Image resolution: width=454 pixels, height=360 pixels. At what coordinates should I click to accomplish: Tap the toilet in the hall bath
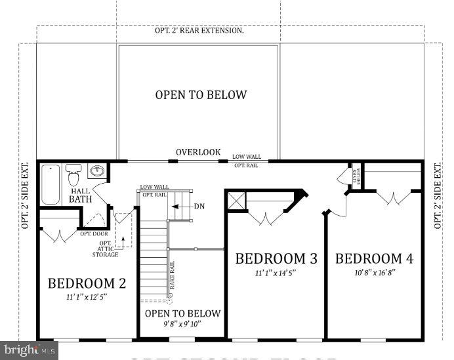73,176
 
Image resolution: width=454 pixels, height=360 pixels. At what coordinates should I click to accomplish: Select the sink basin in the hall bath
98,172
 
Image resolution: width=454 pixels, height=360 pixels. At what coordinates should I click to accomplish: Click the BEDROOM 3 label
276,259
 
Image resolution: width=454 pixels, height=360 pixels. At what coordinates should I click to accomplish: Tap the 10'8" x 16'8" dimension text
374,272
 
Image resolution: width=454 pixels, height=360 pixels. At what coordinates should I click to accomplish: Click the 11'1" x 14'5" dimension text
276,272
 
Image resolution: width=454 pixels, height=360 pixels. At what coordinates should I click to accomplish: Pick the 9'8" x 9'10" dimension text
182,324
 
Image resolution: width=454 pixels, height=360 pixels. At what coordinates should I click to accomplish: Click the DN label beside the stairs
199,206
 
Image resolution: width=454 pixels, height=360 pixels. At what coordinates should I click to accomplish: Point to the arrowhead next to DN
175,206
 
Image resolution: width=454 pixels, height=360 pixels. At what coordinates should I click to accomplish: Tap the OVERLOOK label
198,151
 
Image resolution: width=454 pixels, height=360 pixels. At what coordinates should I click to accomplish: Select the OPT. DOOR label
94,233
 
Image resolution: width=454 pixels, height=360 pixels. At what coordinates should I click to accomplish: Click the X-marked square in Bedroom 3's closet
236,201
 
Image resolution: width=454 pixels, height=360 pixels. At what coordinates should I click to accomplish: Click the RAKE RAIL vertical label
172,275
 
